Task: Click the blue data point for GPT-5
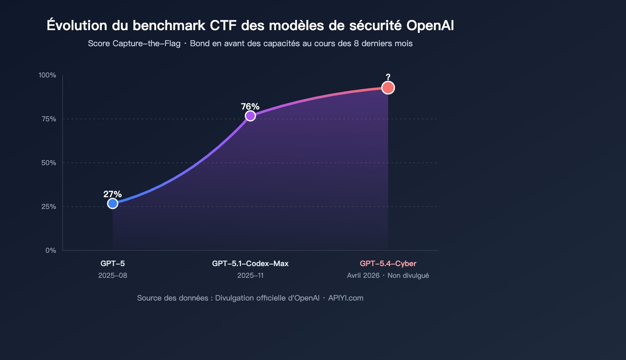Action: tap(113, 203)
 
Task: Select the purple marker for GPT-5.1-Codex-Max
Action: tap(250, 116)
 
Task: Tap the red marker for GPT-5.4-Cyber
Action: tap(388, 88)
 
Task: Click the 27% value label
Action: tap(112, 194)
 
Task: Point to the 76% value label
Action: tap(250, 106)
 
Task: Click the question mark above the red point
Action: tap(388, 77)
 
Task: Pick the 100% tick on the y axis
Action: tap(47, 75)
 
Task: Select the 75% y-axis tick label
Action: tap(49, 119)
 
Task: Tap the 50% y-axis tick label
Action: tap(49, 163)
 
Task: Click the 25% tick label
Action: tap(49, 207)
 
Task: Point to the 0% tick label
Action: tap(51, 250)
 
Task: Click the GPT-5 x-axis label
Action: tap(113, 264)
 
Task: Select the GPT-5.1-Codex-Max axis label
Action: tap(250, 264)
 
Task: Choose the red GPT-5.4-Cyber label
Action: tap(388, 264)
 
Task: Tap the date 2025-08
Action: tap(113, 275)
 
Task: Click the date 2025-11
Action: tap(250, 275)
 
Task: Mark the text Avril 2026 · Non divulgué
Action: tap(388, 275)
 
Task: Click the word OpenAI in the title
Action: tap(430, 25)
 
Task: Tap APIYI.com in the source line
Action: tap(346, 298)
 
